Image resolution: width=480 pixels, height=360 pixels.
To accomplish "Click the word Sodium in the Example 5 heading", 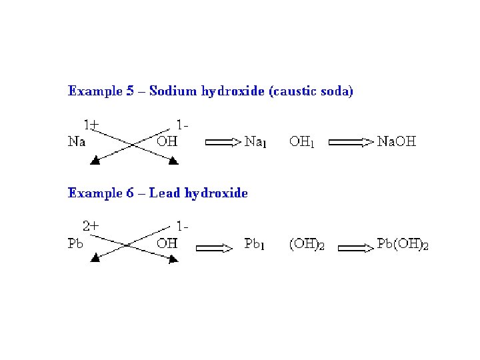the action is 170,91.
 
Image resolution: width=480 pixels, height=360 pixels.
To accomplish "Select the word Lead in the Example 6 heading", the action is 165,193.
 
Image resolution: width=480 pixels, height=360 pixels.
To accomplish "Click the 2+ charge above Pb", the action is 91,226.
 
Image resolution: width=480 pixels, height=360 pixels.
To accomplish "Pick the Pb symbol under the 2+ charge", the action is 76,243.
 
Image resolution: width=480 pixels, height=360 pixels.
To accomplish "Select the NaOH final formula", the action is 397,141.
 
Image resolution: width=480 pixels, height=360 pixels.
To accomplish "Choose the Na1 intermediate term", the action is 256,141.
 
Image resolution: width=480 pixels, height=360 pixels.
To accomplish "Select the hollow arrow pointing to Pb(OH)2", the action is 356,248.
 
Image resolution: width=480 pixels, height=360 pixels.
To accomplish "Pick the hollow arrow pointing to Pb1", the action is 213,248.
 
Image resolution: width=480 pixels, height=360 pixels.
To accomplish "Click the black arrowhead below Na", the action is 96,161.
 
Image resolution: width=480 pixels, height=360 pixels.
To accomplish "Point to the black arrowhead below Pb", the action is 96,257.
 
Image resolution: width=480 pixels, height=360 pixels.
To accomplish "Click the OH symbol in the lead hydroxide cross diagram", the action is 167,243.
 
